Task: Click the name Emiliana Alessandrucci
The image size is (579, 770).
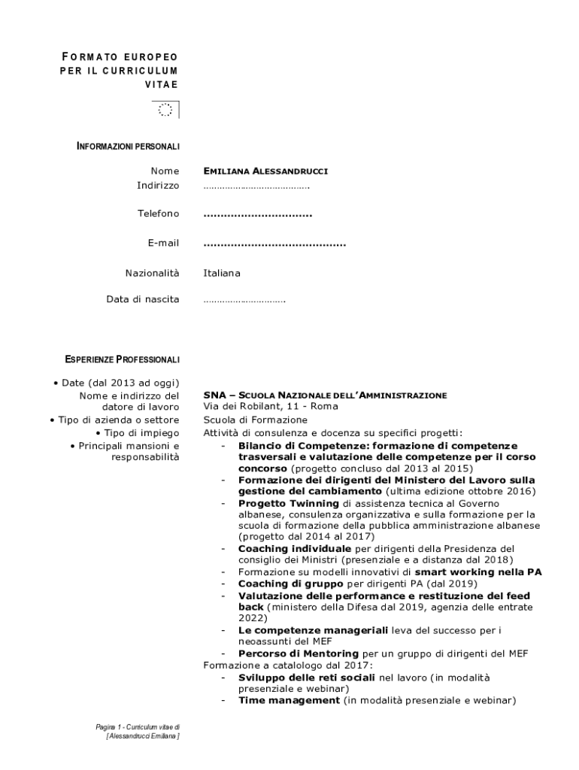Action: (x=265, y=171)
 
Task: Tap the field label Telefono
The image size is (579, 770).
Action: (x=158, y=214)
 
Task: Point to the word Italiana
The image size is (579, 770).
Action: (x=222, y=273)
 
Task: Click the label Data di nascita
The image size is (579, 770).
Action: (x=143, y=299)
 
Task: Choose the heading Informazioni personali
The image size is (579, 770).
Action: (x=128, y=146)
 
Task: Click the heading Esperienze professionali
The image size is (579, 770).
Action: (x=123, y=359)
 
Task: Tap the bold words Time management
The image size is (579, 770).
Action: (x=289, y=700)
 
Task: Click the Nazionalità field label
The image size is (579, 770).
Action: (x=152, y=273)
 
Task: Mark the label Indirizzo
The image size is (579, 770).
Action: (x=158, y=185)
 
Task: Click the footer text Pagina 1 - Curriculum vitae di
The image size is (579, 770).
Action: (x=138, y=727)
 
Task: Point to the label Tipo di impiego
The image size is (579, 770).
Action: (x=141, y=433)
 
